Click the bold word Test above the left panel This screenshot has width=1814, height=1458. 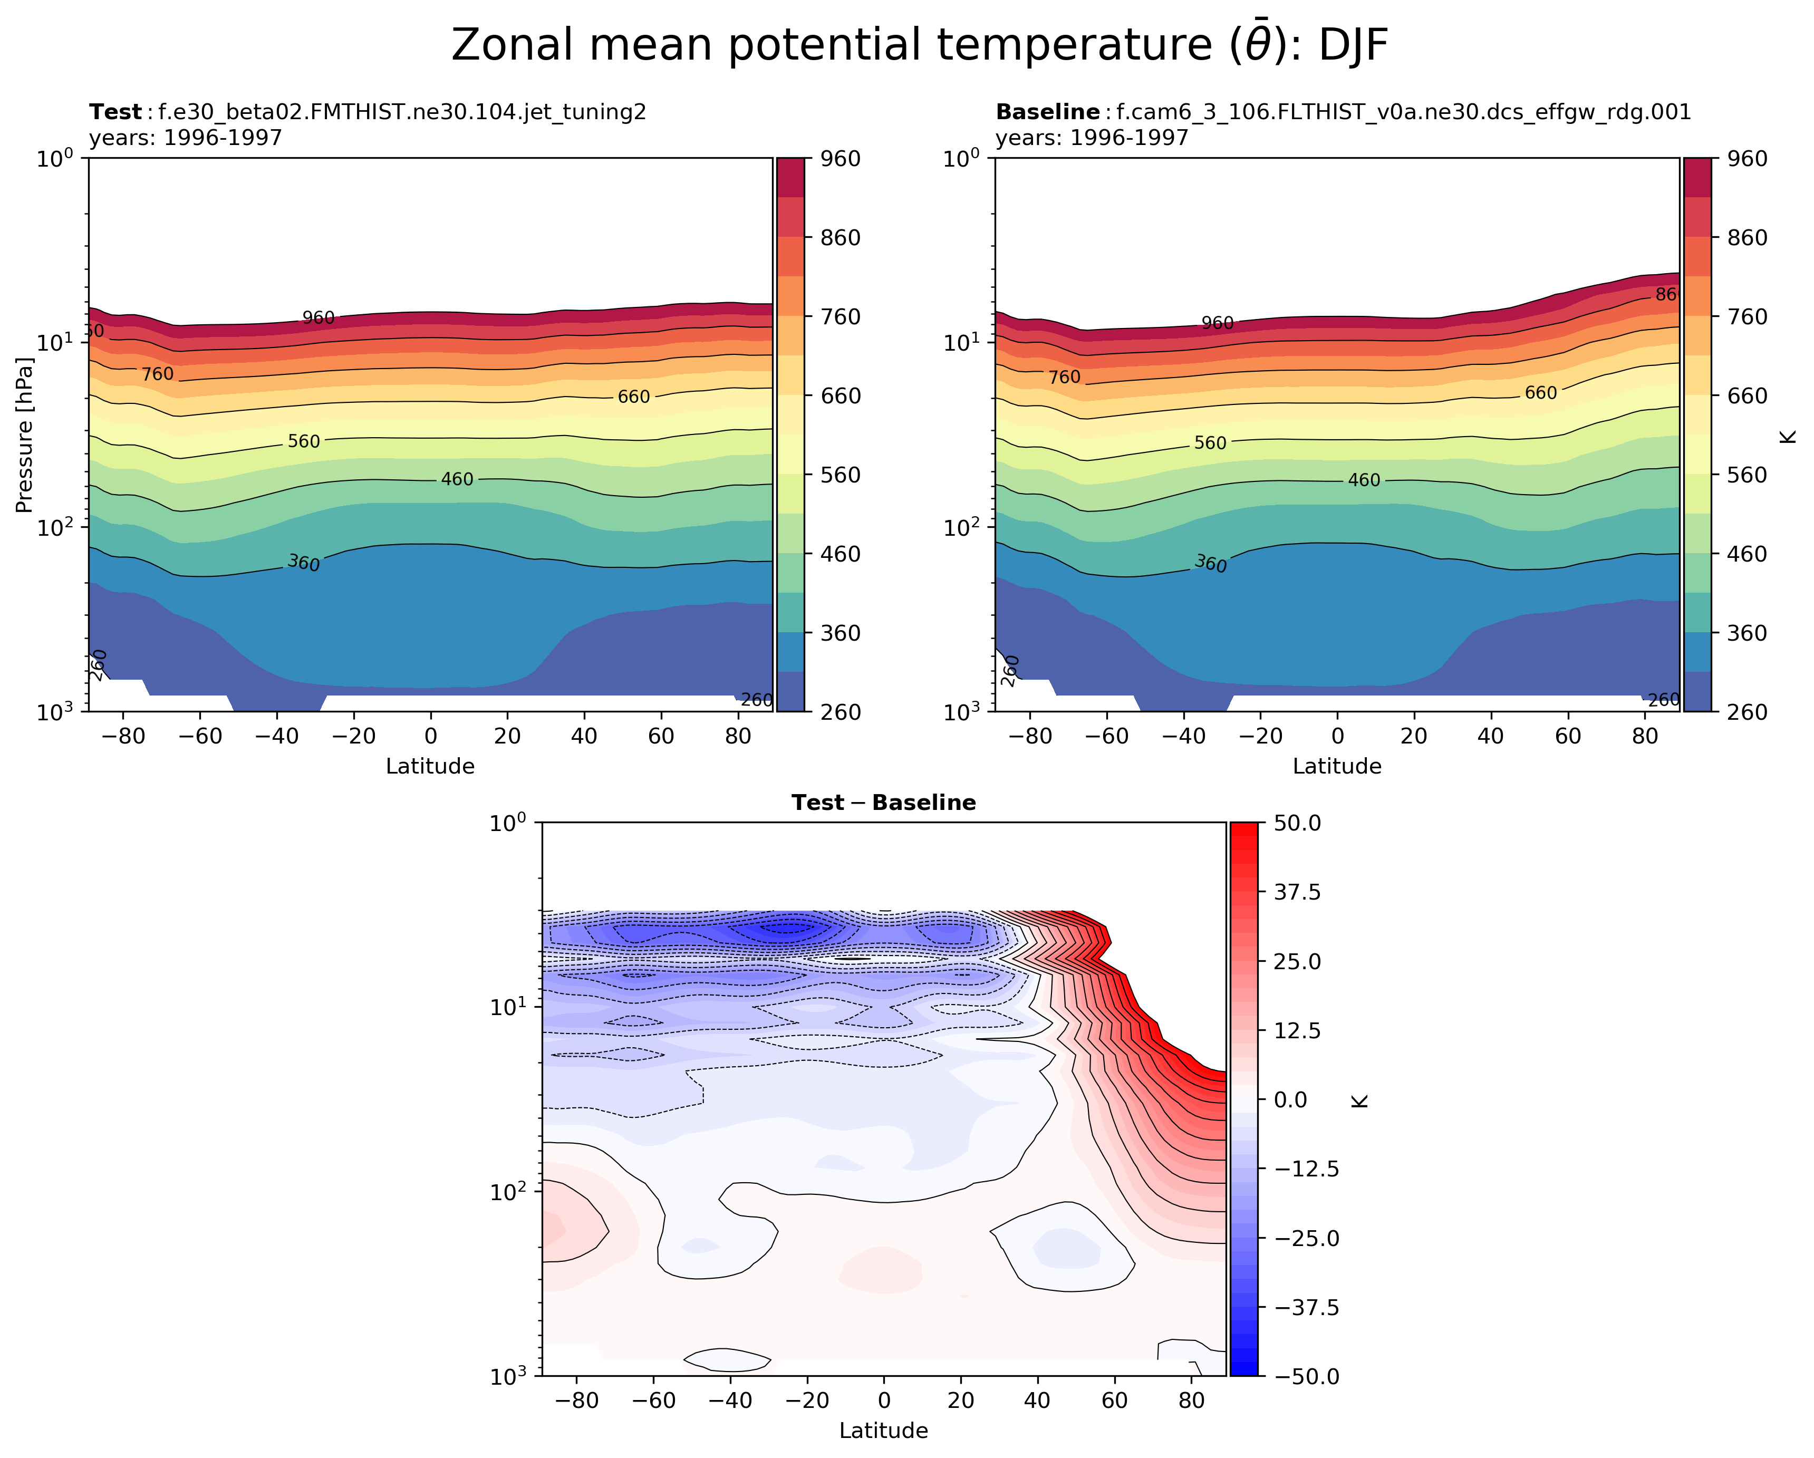point(115,112)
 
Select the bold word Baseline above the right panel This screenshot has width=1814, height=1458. point(1047,112)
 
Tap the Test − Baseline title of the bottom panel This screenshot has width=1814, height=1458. point(883,803)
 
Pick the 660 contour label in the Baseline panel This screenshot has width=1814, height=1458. point(1540,393)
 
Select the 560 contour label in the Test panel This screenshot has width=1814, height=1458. point(304,442)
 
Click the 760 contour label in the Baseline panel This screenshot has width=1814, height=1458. point(1064,378)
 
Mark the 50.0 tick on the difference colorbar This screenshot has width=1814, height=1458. point(1297,823)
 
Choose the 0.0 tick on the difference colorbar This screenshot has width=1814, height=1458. point(1291,1099)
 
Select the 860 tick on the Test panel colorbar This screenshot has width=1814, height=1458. point(841,238)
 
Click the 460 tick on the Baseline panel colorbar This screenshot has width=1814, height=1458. point(1748,554)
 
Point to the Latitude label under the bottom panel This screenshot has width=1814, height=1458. point(883,1430)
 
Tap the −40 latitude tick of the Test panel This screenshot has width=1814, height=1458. point(277,737)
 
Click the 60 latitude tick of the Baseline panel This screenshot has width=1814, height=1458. point(1568,737)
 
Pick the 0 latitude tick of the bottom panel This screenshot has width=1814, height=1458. point(883,1401)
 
